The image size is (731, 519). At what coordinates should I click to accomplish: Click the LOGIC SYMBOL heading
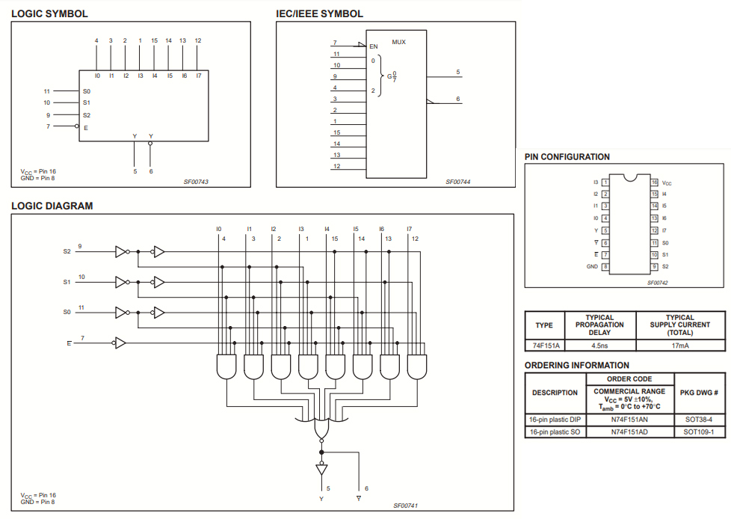click(x=49, y=13)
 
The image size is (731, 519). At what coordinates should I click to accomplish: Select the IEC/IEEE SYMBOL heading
click(x=320, y=13)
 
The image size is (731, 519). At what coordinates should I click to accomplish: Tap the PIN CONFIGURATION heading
click(x=567, y=157)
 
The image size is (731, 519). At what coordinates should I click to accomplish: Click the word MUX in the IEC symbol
click(x=399, y=42)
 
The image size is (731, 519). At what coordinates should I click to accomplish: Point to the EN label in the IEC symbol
click(x=374, y=46)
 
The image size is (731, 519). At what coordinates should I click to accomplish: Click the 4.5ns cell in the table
click(x=599, y=346)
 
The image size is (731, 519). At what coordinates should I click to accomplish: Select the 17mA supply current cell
click(x=679, y=346)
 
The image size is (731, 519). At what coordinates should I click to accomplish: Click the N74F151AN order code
click(x=629, y=420)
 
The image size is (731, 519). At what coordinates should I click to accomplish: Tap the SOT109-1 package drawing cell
click(x=700, y=432)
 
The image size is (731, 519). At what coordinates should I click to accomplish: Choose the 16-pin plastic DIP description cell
click(x=555, y=420)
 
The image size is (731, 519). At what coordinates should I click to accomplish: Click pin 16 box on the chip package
click(x=654, y=182)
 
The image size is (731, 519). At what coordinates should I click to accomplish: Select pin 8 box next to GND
click(x=605, y=266)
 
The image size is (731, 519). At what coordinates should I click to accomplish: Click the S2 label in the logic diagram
click(x=67, y=252)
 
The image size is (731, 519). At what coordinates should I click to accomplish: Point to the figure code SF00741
click(x=406, y=506)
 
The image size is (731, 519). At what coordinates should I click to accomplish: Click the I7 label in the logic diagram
click(x=409, y=228)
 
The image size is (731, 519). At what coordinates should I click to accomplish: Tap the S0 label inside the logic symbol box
click(x=87, y=90)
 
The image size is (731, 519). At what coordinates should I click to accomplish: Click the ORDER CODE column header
click(x=633, y=379)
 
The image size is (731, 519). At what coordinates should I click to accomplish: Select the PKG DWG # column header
click(x=700, y=392)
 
